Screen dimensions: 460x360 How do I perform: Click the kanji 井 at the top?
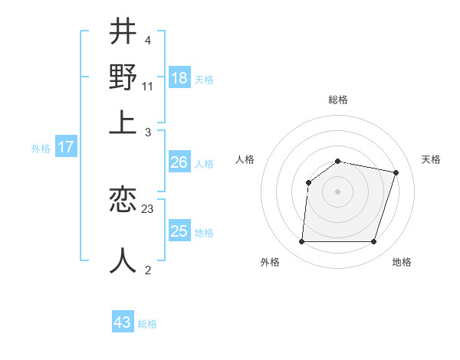pos(123,32)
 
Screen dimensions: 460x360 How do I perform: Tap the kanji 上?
pos(123,123)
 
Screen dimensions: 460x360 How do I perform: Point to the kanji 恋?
pos(123,201)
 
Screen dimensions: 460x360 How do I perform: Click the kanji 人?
pos(123,260)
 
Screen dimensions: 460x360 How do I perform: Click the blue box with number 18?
pos(179,77)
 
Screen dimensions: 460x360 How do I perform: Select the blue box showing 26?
pos(179,162)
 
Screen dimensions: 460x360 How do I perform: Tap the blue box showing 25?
pos(179,231)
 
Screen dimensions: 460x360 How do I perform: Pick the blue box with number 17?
pos(65,147)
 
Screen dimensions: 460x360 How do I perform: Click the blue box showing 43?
pos(123,322)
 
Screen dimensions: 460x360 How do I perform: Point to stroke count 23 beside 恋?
pos(148,208)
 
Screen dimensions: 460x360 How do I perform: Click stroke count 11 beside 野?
pos(148,86)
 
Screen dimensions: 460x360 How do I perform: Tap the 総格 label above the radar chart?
pos(338,100)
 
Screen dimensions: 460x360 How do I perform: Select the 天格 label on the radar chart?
pos(432,159)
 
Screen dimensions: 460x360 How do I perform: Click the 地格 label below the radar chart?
pos(402,262)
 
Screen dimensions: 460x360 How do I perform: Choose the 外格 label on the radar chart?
pos(270,262)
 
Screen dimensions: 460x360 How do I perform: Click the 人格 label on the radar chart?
pos(245,159)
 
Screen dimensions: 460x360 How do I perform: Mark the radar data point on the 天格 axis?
pos(396,172)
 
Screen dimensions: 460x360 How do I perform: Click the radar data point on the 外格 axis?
pos(301,242)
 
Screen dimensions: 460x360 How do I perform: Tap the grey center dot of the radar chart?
pos(337,191)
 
